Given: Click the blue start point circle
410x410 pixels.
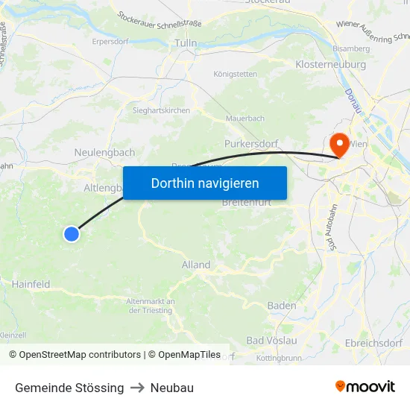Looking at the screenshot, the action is (72, 234).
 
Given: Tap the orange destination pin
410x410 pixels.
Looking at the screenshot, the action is (339, 144).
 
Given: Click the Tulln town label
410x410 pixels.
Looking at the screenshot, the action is (185, 43).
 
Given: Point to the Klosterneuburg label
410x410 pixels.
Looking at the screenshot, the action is (329, 65).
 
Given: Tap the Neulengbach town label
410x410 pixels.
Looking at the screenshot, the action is (105, 153).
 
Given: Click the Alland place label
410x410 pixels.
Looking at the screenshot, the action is (196, 265).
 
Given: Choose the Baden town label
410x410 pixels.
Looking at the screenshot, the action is (282, 306).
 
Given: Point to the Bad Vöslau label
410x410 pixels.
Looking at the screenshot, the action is (271, 341).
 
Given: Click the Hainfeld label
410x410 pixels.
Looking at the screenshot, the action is (31, 284).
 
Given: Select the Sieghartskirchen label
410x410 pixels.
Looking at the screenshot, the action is (161, 110).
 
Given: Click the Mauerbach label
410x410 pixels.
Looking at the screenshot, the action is (245, 119).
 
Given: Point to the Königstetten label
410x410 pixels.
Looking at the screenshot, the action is (236, 74).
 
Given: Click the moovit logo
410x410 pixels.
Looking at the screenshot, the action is (365, 387).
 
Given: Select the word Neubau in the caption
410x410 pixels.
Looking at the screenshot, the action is (172, 388).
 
